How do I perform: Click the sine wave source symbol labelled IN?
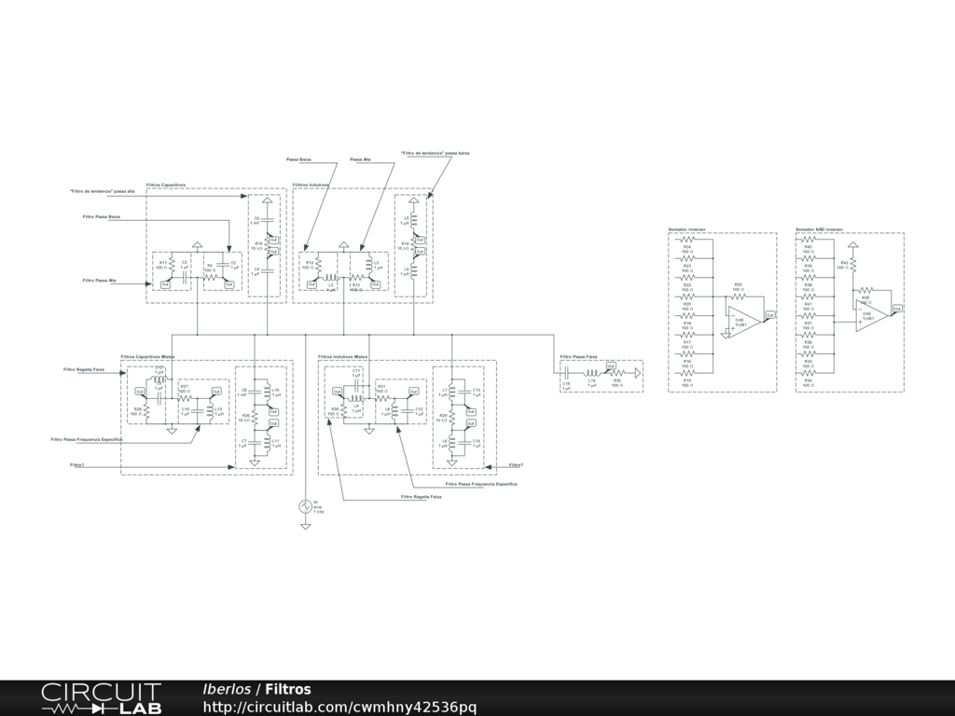(305, 506)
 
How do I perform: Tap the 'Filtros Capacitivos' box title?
(166, 185)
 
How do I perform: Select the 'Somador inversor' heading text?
(686, 228)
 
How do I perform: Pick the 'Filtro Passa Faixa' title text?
(578, 356)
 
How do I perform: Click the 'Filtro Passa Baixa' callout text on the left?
(102, 216)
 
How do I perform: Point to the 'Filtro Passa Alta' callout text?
(99, 280)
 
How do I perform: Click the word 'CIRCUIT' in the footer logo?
(101, 692)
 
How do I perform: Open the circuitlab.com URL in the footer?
(339, 707)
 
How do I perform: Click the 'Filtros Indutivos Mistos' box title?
(343, 356)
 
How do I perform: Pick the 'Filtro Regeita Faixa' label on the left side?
(83, 369)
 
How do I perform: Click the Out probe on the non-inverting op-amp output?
(897, 308)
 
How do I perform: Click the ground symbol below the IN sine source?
(305, 527)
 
